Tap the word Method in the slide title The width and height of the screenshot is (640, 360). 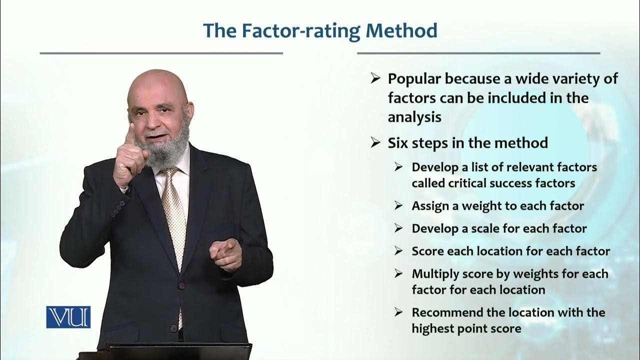[401, 30]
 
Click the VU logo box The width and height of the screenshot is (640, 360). [68, 317]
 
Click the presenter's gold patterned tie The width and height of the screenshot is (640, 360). [175, 210]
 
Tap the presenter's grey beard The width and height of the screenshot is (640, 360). [161, 150]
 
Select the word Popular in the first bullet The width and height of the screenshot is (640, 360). [414, 79]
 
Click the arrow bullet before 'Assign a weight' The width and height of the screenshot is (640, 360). [398, 206]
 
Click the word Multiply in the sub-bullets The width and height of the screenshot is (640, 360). [434, 274]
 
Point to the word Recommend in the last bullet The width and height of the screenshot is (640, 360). [443, 312]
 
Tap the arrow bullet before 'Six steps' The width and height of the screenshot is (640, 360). [375, 143]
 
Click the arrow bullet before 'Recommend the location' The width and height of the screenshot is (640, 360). [398, 312]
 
